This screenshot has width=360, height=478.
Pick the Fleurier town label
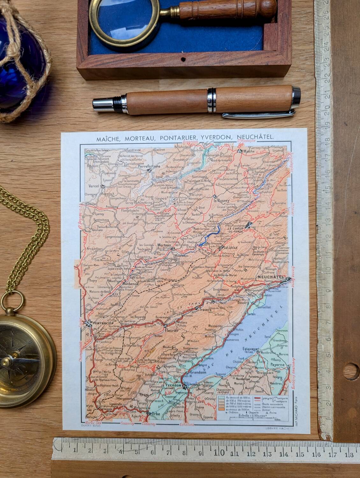[x=173, y=330]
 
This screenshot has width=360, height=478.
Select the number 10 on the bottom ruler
[x=220, y=452]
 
